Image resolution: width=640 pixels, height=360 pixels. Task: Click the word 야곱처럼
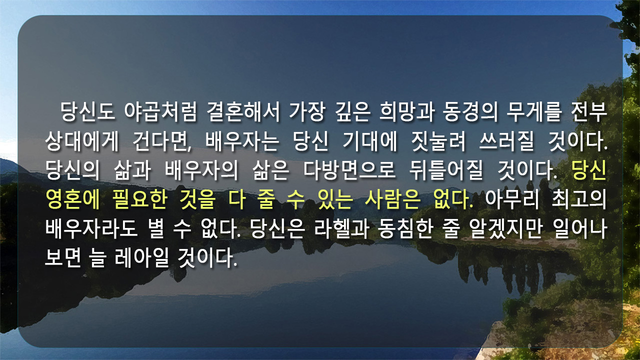[160, 111]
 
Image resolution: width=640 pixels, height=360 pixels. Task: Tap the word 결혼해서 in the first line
[243, 111]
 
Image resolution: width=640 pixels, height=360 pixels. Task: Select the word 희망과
[407, 111]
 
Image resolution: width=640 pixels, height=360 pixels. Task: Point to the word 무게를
[534, 111]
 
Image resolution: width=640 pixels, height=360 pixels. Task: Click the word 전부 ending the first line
[589, 111]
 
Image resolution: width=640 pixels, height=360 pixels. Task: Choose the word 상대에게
[81, 141]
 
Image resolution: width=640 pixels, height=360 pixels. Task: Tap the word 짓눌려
[438, 141]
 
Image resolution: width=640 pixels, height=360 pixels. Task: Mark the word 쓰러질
[506, 141]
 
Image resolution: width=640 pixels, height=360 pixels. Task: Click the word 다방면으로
[349, 170]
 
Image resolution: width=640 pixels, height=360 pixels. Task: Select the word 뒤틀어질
[446, 170]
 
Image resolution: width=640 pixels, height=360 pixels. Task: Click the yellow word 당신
[589, 170]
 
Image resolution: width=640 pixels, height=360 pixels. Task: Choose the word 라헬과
[341, 229]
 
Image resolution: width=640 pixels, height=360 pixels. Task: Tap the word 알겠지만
[505, 229]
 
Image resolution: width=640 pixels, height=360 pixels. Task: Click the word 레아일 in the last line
[141, 258]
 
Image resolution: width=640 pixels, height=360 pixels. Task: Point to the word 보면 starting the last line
[63, 258]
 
